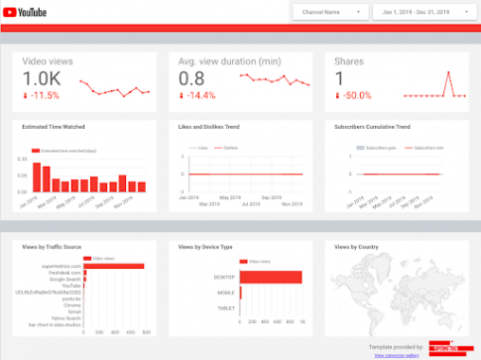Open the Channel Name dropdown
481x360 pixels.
coord(328,12)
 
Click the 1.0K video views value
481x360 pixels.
coord(42,79)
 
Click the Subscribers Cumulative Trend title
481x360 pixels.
coord(374,127)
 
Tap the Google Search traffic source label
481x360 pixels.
coord(64,280)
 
